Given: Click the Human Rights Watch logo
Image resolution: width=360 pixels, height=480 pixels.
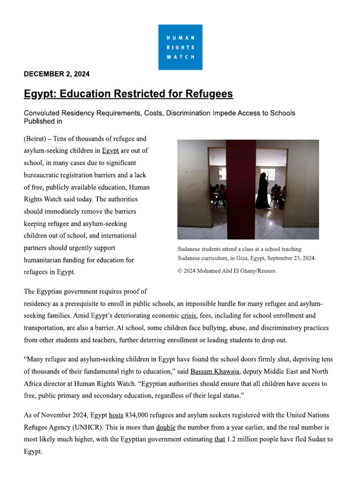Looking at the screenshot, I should coord(180,47).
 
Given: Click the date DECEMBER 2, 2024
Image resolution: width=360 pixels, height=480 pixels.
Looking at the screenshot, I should coord(57,74).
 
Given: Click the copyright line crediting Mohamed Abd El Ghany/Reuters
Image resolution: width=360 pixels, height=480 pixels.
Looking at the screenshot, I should coord(226,271).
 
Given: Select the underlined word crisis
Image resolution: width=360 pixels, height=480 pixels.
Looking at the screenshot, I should coord(189,315).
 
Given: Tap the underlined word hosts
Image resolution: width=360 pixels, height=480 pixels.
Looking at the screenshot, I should coord(116,415).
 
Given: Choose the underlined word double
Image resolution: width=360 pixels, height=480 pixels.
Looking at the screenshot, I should coord(165,427).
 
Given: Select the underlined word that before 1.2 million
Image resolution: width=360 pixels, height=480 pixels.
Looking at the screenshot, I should coord(219,440).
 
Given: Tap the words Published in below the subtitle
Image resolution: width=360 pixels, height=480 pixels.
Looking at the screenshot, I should coord(43,121).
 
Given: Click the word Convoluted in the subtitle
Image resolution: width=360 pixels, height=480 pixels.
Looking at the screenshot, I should coord(42,113).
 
